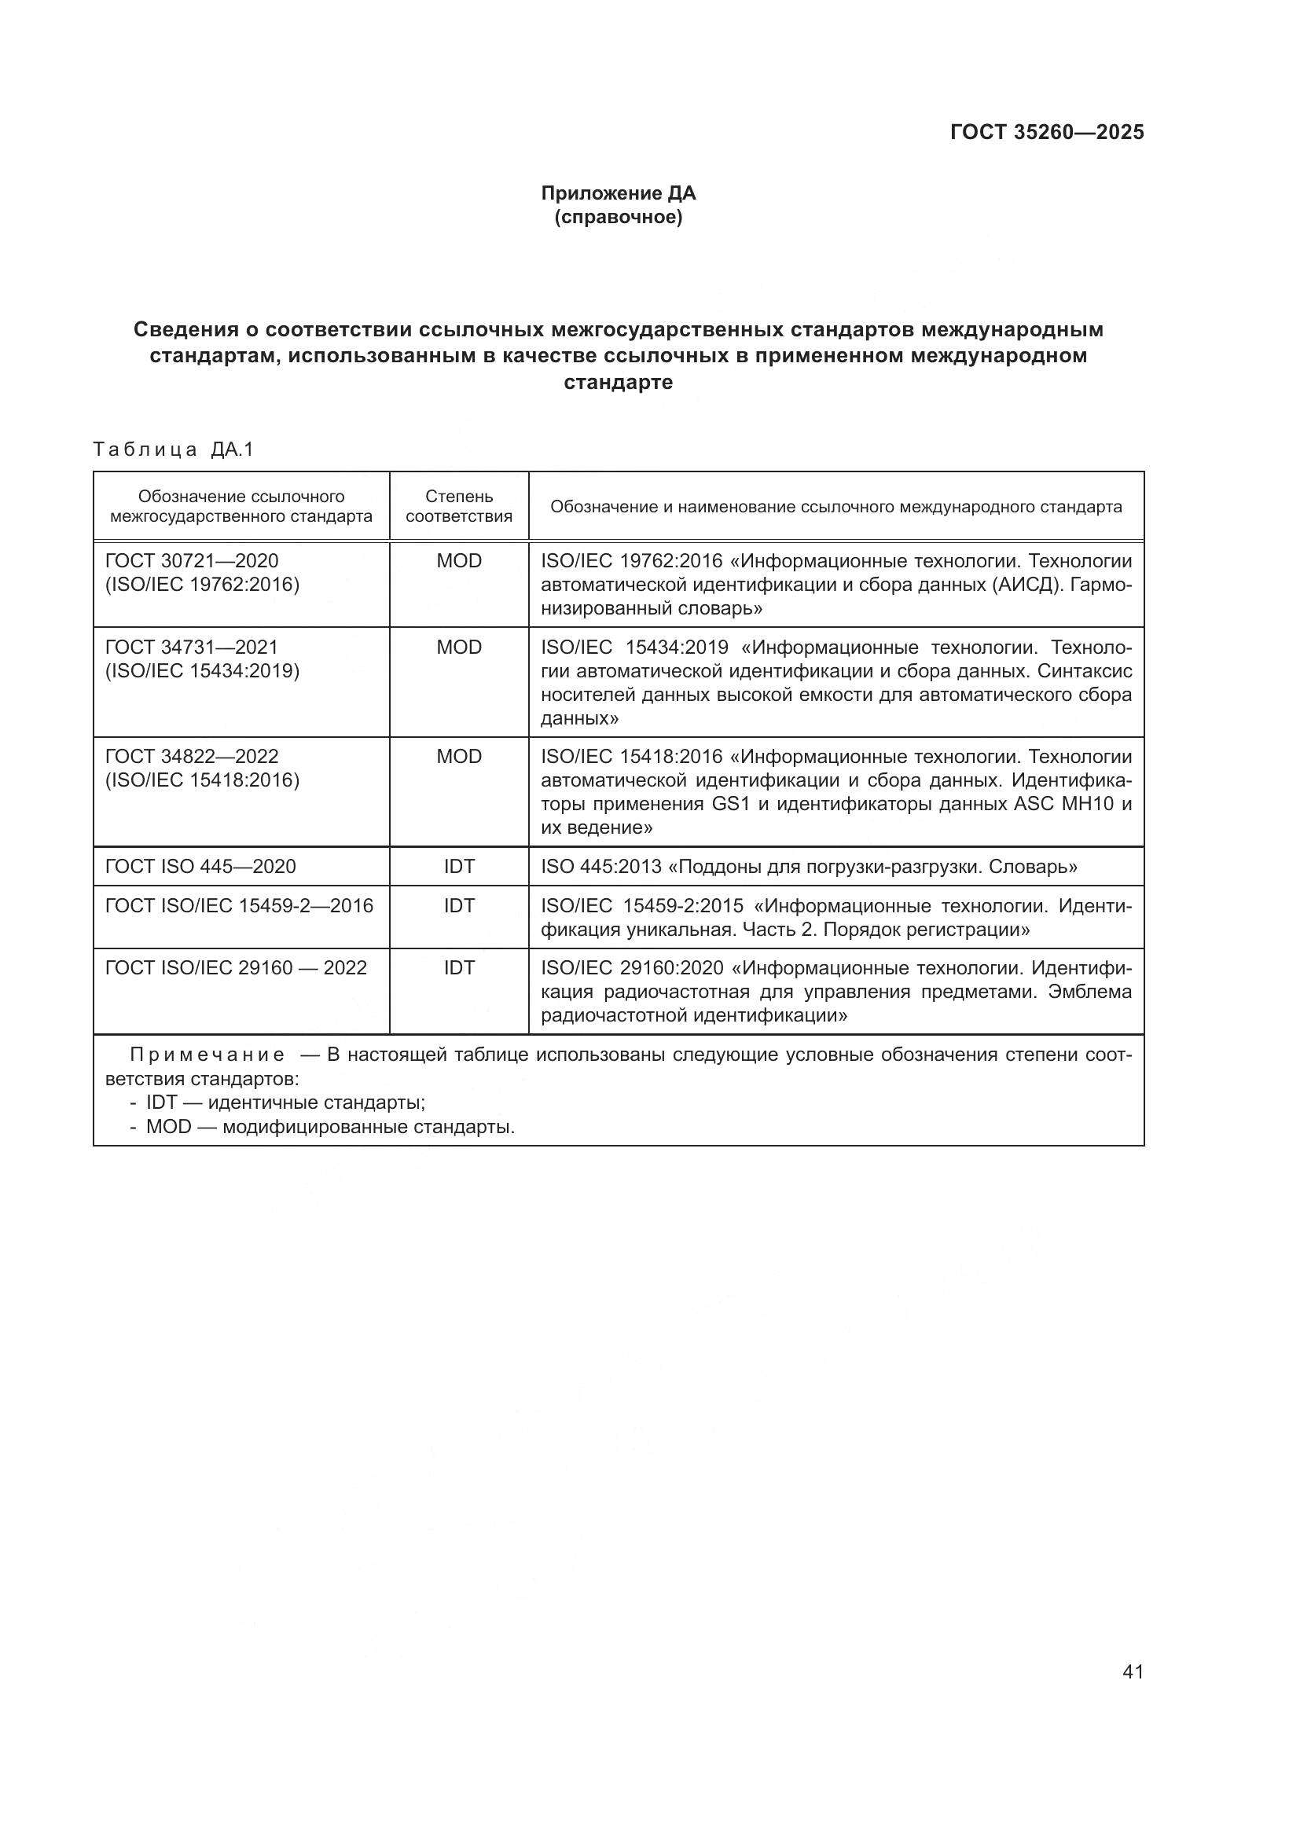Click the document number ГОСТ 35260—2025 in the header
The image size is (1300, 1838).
click(1046, 132)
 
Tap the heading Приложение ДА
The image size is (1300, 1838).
click(618, 193)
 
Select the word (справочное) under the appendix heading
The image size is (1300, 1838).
click(618, 217)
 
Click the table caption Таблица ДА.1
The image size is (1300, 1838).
click(173, 450)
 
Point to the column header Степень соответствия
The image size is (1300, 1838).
click(459, 506)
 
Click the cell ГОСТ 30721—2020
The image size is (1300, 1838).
click(192, 560)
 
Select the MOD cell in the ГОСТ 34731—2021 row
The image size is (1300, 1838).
click(459, 647)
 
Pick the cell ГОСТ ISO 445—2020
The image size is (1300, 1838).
click(200, 866)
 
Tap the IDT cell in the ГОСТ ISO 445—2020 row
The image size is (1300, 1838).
click(459, 866)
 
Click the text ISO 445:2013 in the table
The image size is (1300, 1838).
click(600, 866)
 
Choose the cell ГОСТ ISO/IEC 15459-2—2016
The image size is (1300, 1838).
click(239, 905)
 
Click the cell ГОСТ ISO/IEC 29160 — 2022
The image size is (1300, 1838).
click(235, 968)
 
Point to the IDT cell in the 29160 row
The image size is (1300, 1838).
click(459, 968)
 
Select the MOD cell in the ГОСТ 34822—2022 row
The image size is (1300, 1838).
click(459, 757)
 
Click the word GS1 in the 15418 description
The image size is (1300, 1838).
click(730, 804)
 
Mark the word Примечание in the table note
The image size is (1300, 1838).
click(207, 1055)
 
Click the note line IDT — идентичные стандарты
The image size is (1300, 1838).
click(285, 1102)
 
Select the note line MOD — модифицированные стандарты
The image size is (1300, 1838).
click(329, 1127)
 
